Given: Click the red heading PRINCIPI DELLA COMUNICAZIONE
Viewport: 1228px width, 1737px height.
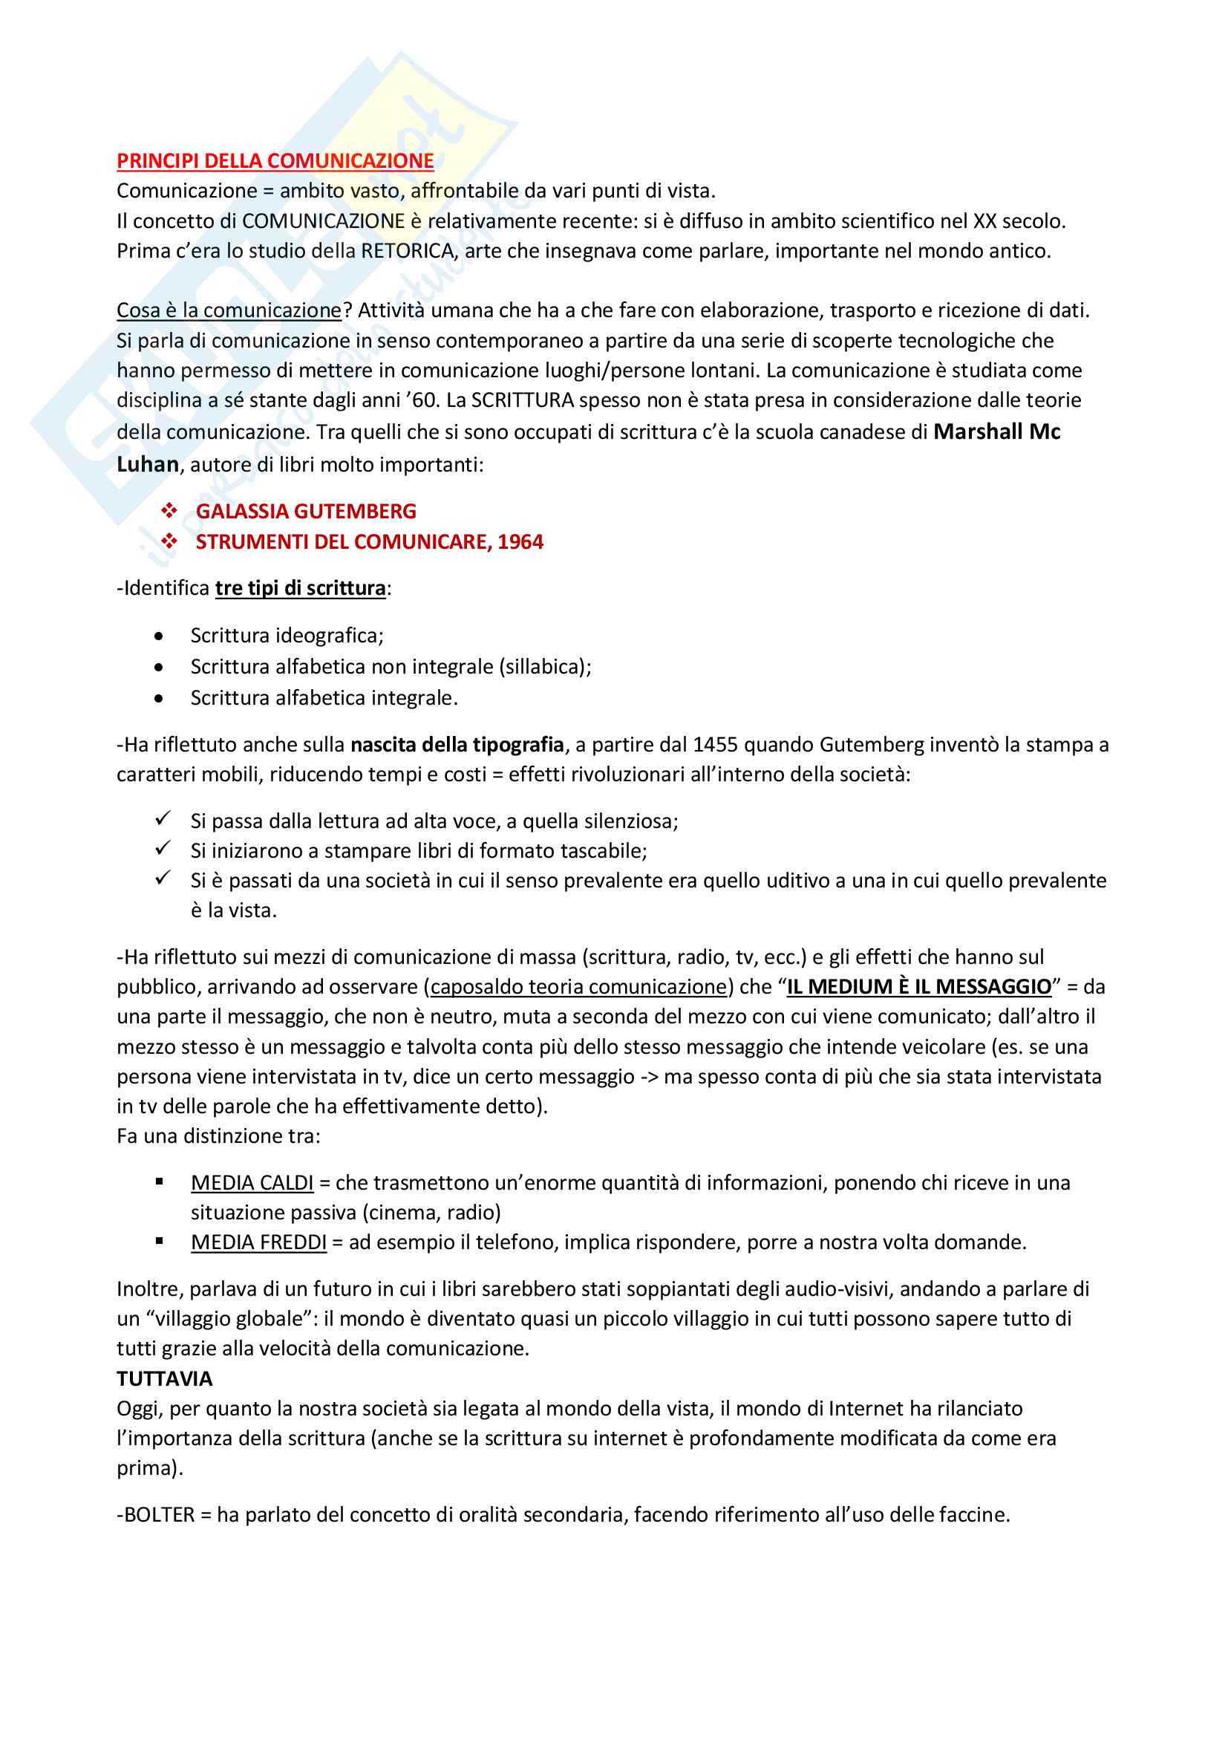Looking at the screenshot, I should click(x=275, y=161).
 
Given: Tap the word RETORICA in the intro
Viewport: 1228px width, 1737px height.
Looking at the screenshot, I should click(x=408, y=251).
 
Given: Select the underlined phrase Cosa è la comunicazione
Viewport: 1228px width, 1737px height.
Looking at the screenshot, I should click(x=229, y=311).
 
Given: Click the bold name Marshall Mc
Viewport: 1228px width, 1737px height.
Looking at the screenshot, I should click(x=996, y=432).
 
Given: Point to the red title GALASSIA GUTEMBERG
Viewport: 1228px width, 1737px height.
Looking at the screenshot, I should click(x=305, y=512).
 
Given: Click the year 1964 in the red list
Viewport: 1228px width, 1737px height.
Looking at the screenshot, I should click(x=520, y=541).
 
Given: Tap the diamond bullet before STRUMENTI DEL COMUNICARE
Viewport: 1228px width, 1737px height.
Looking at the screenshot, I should click(x=169, y=541).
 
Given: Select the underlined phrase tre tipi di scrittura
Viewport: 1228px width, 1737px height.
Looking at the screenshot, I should click(x=300, y=589).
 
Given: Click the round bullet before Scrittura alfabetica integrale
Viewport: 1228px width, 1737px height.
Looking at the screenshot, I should click(x=158, y=698).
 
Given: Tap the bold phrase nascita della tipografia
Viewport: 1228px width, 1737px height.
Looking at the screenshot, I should click(x=457, y=745).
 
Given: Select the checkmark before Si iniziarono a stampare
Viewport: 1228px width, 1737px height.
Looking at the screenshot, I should click(x=163, y=849).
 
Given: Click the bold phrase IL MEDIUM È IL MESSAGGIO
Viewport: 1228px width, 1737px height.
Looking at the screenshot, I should click(x=918, y=987).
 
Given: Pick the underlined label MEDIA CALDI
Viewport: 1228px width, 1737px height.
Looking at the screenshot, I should click(x=252, y=1182).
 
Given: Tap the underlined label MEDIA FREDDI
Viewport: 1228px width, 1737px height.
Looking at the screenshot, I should click(x=258, y=1242).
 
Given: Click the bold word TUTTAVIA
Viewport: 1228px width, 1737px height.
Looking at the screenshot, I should click(x=164, y=1378).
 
